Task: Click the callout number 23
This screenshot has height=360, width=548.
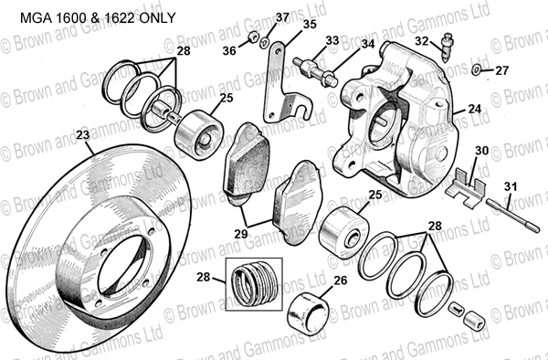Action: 83,135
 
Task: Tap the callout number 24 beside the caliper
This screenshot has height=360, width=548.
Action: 475,109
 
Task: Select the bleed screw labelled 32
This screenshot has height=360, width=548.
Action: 447,48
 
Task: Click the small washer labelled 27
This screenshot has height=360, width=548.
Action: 476,69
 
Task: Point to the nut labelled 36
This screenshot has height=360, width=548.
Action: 253,37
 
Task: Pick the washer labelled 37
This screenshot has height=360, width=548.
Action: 264,43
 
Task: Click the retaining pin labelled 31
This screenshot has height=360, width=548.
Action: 512,216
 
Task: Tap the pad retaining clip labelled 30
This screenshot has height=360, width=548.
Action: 466,189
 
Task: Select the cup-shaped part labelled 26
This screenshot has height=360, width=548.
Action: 308,313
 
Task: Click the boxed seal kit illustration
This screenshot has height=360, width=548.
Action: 254,284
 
